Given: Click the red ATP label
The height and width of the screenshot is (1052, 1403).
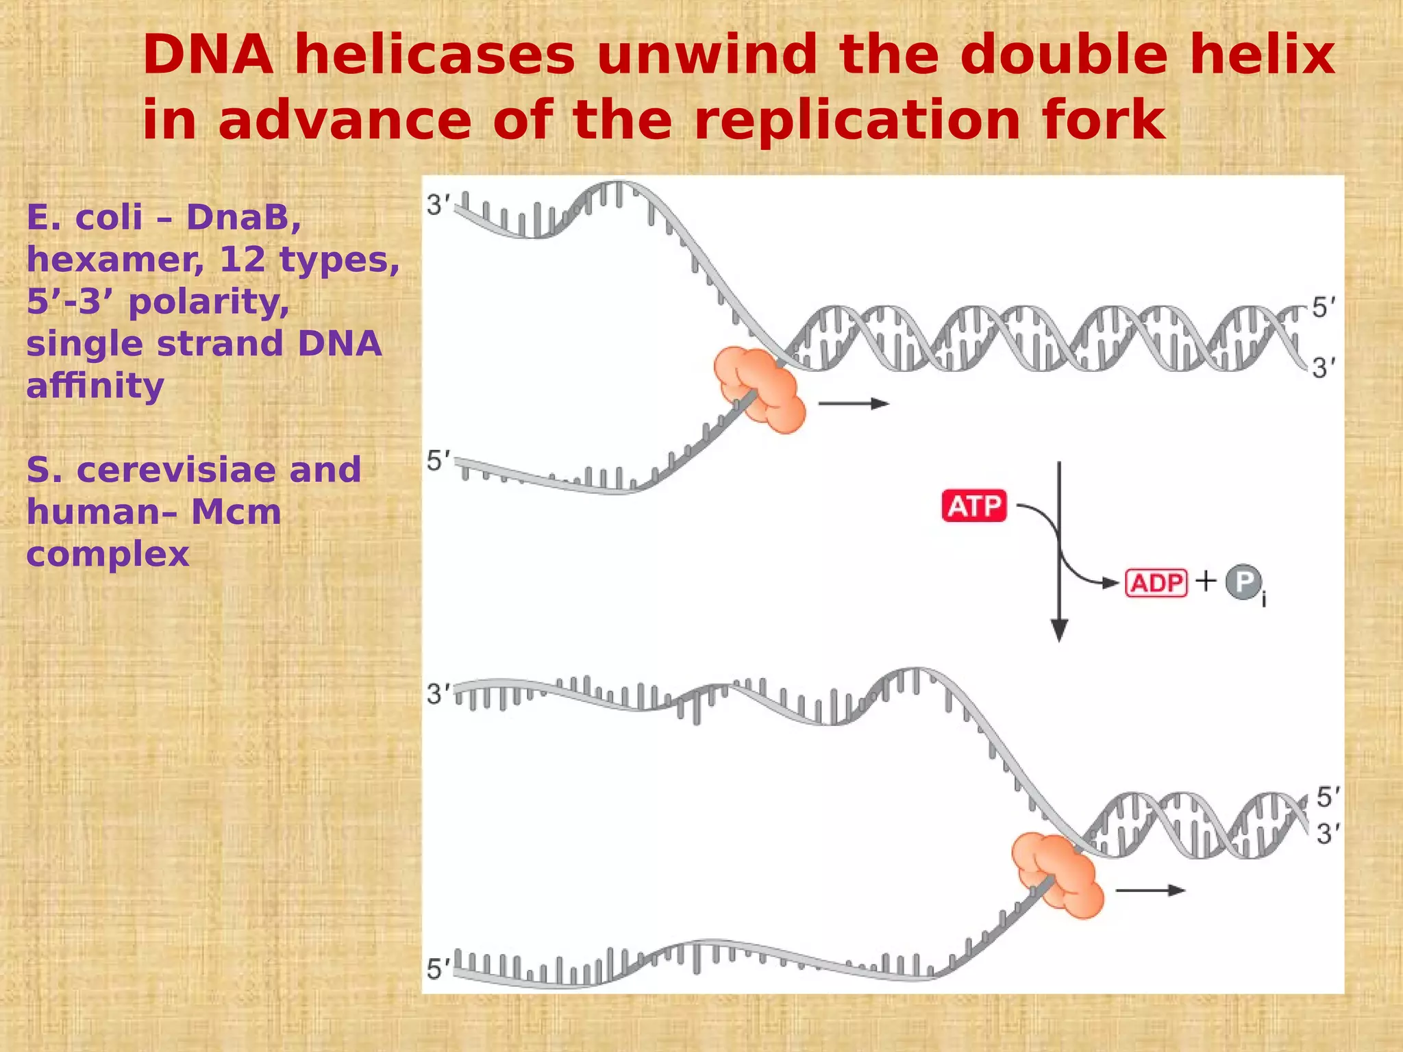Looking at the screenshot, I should [974, 506].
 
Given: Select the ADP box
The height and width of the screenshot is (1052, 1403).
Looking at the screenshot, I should [1156, 583].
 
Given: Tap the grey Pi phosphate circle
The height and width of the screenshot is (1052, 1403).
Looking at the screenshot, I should [1244, 582].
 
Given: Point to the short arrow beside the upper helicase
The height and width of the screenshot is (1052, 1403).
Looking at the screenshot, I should [854, 403].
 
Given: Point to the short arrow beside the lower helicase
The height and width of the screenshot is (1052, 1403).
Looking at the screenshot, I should [1150, 890].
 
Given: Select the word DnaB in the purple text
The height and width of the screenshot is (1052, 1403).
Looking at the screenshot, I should [243, 218].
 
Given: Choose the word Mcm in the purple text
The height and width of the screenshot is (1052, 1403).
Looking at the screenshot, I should [236, 512].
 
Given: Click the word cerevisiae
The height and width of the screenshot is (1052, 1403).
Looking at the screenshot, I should [177, 470].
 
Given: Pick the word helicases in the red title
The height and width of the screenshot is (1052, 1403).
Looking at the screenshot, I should [434, 55].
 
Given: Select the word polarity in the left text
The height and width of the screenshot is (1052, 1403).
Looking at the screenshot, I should [209, 301].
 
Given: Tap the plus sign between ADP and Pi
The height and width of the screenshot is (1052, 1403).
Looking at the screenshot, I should [1206, 581].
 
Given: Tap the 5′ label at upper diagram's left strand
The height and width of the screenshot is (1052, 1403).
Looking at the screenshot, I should [438, 461].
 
